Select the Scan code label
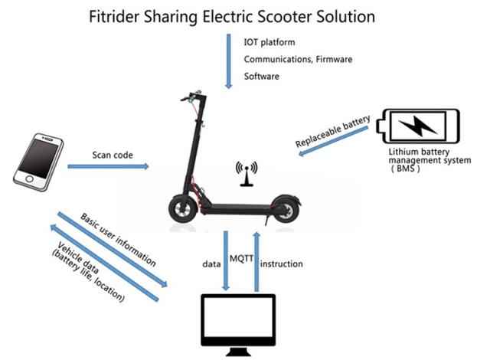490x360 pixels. point(113,155)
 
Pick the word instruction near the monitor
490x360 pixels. point(282,264)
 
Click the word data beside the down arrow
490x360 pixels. point(211,264)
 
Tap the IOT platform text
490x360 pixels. point(269,41)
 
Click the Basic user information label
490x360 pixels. point(123,246)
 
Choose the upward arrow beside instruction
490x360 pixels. point(257,260)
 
